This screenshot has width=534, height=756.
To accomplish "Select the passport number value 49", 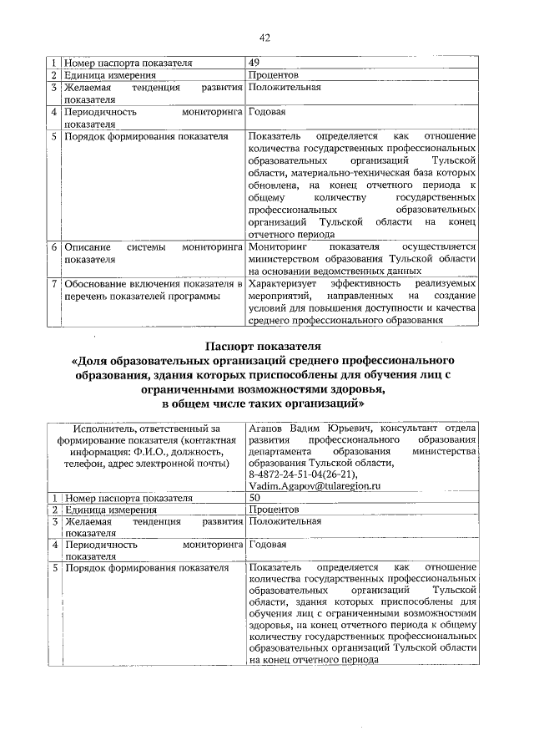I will [254, 63].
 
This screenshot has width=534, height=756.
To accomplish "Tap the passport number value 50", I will [254, 498].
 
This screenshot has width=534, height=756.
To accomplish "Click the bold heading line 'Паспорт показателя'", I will [266, 345].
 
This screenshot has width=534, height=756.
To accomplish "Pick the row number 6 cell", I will [53, 248].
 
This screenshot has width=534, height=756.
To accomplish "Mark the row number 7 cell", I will [53, 284].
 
